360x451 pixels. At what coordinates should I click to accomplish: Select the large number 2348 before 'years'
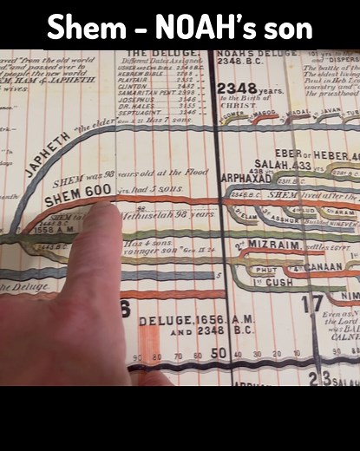coord(233,89)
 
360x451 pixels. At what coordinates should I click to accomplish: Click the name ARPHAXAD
coord(246,178)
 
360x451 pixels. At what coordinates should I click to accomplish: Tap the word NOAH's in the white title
coord(202,28)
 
